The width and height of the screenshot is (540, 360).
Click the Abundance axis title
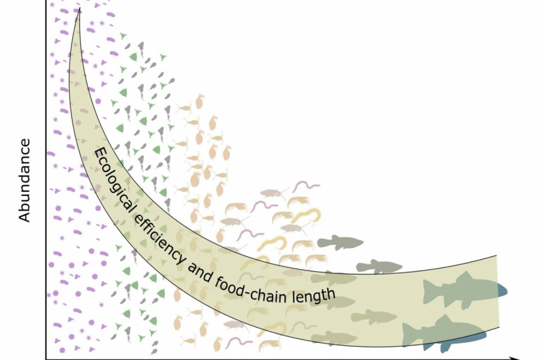(x=24, y=181)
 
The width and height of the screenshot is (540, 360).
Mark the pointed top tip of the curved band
(x=80, y=9)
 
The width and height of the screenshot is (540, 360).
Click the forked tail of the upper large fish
(x=429, y=290)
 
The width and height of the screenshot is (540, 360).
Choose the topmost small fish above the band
(x=339, y=242)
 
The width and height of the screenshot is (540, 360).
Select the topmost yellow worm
(x=310, y=214)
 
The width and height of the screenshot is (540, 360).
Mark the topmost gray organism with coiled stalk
(x=141, y=48)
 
